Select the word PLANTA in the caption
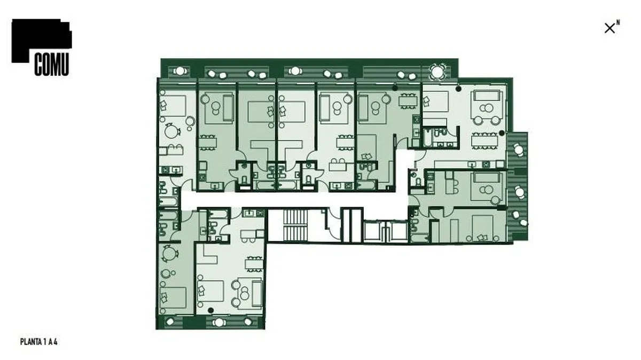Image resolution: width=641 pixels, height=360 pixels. [30, 342]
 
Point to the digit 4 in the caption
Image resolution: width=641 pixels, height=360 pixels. [56, 342]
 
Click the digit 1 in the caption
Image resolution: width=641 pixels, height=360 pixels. [45, 342]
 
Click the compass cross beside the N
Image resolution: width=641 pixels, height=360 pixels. [609, 28]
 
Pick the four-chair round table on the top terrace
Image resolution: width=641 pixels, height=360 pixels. [437, 72]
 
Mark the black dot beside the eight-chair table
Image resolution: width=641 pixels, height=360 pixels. [502, 133]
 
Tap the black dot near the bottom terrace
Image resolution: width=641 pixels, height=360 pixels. [210, 310]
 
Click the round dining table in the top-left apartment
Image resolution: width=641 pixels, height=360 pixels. [171, 131]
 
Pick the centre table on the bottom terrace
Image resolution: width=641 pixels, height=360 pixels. [219, 323]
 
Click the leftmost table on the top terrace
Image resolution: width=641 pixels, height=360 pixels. [179, 71]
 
